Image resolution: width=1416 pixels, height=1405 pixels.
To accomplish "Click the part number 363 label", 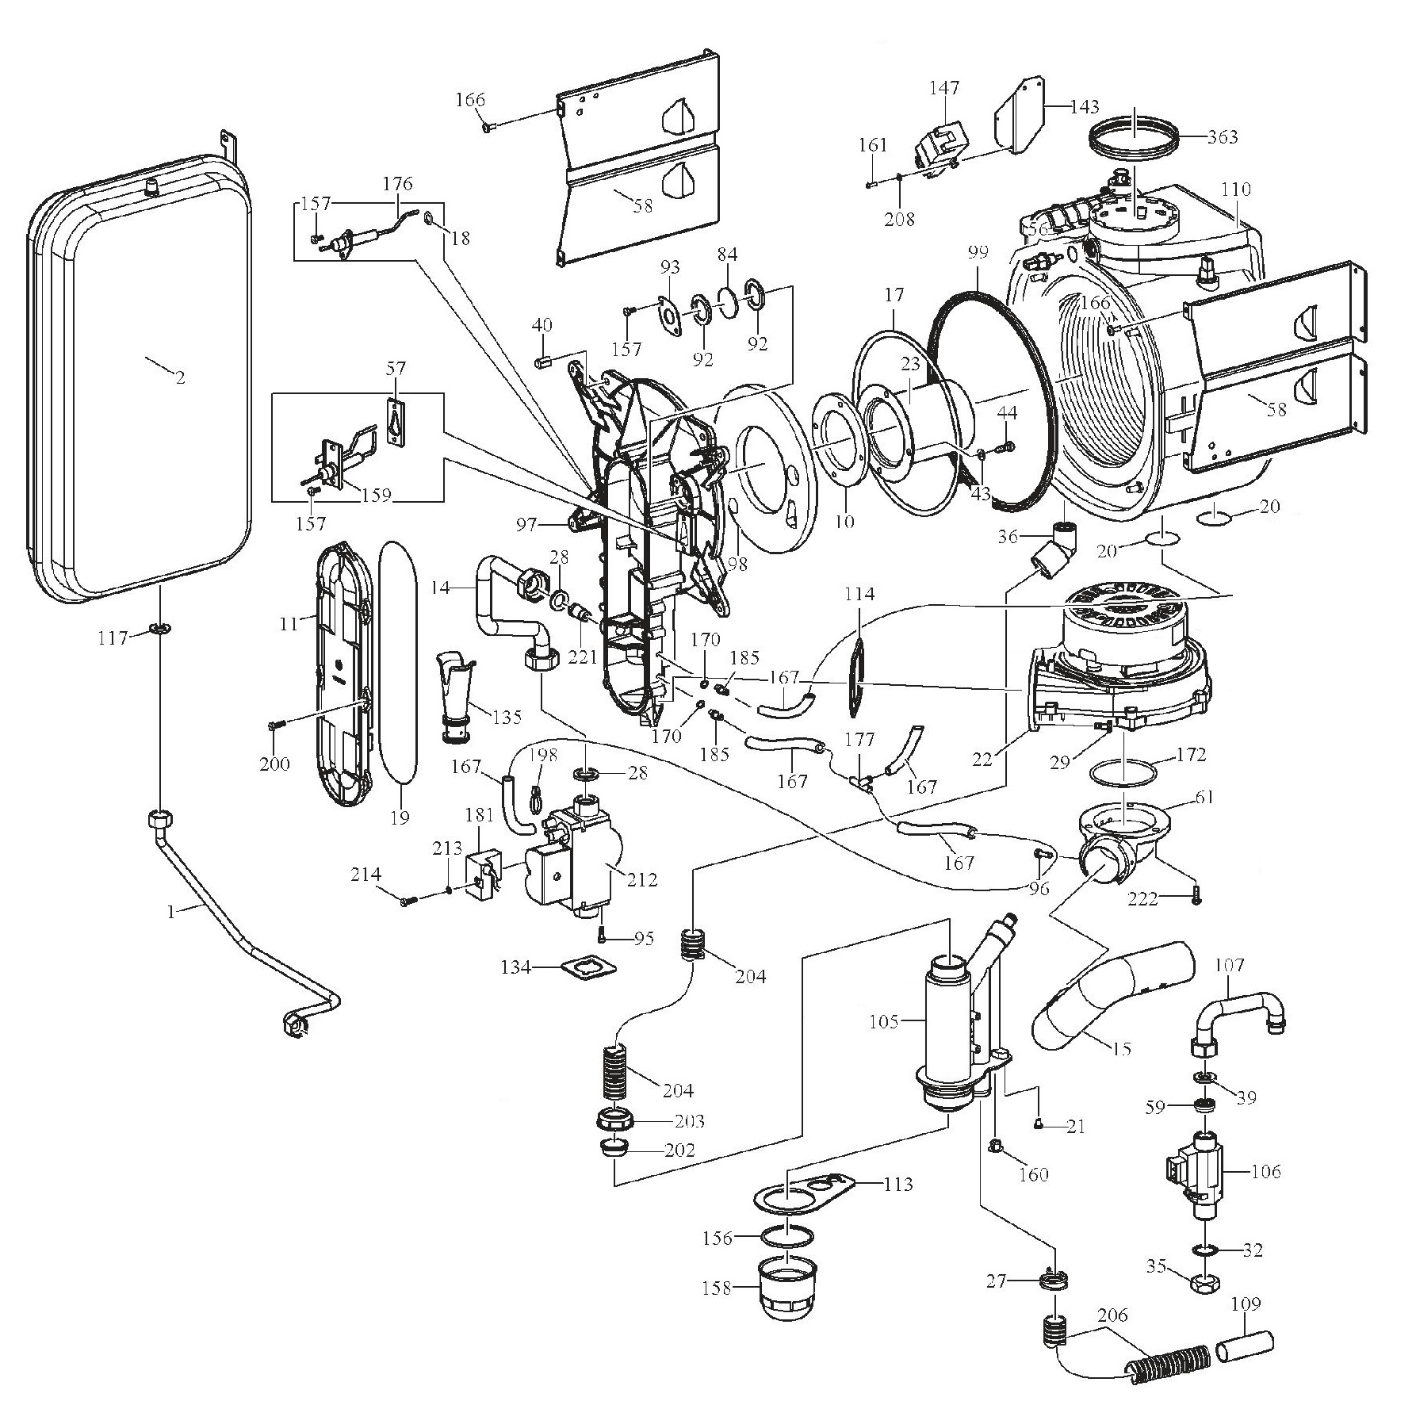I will point(1222,136).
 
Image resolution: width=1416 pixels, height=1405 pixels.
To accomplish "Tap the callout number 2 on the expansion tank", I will point(180,377).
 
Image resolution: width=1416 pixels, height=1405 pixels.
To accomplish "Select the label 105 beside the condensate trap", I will point(883,1021).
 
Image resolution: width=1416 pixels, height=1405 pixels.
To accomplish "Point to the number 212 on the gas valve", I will point(643,879).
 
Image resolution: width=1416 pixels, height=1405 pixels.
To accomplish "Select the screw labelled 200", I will point(275,725).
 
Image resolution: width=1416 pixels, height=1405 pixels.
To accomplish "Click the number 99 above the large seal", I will point(978,253).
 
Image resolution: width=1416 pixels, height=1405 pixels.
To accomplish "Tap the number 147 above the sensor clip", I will point(944,87).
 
